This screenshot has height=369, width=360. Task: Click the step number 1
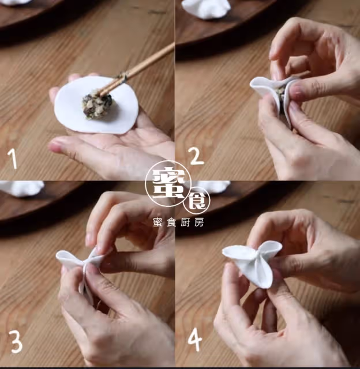coord(13,159)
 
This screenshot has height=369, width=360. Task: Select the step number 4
coord(195,340)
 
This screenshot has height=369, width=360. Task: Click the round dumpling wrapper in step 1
coord(96,105)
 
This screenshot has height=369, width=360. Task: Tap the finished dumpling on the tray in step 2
coord(207,9)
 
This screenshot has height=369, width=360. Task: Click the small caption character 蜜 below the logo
coord(157,223)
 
